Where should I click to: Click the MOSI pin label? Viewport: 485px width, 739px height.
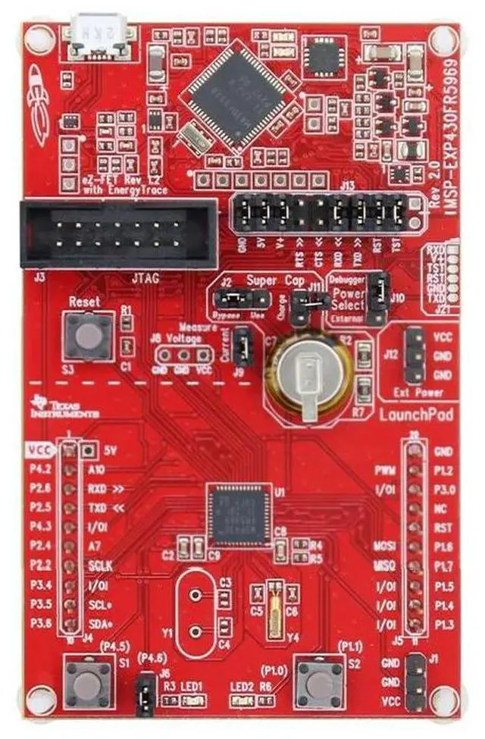[383, 546]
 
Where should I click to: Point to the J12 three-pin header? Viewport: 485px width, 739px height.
[414, 355]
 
